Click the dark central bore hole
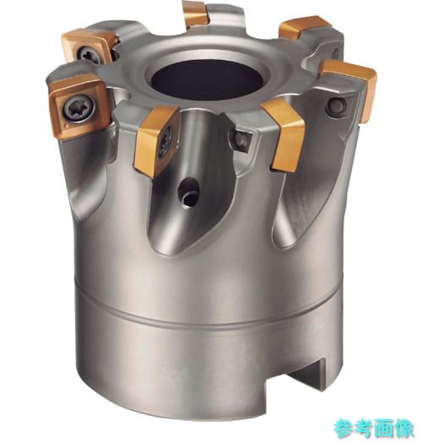207,79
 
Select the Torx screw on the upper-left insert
89,54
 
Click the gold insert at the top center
195,14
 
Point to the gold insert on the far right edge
351,88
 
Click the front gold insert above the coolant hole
156,140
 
